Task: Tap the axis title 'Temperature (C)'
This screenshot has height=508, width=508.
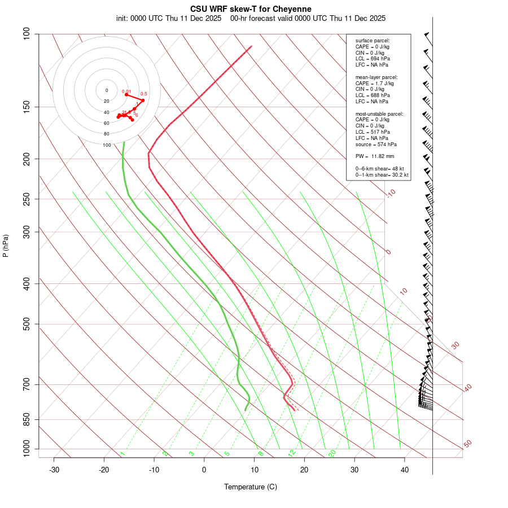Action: [250, 487]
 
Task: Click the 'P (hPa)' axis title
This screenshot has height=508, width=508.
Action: [6, 246]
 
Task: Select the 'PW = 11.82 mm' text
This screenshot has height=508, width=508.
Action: [374, 156]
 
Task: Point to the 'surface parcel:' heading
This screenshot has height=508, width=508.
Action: [373, 41]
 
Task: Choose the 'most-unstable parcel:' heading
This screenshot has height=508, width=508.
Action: [379, 113]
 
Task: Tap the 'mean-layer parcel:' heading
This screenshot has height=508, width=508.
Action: [376, 77]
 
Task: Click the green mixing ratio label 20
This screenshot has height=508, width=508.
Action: [332, 453]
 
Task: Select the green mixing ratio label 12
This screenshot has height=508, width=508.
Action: [291, 453]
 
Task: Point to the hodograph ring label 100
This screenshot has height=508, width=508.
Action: [107, 145]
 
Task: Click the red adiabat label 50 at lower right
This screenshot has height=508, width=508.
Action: [467, 444]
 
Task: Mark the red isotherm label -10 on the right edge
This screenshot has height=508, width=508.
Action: [391, 193]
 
